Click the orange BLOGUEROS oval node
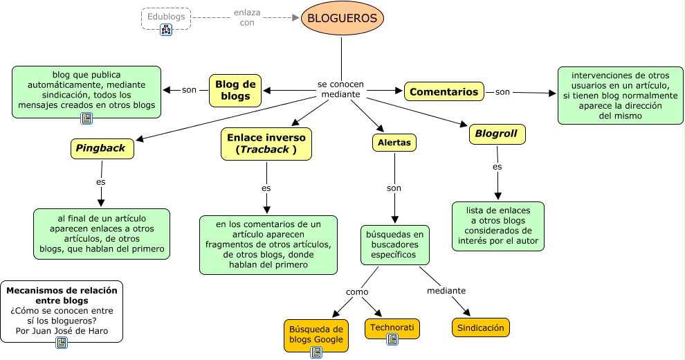(342, 19)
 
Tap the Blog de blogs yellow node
(235, 91)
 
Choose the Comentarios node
(444, 91)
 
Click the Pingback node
(102, 148)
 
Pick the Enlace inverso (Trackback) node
(266, 143)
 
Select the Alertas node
(394, 143)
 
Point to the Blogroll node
(497, 134)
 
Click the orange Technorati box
(392, 329)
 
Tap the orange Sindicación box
(480, 327)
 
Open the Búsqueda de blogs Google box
(316, 335)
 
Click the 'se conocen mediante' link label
(340, 89)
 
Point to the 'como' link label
(357, 292)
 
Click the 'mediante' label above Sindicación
(446, 290)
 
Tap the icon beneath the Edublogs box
(166, 30)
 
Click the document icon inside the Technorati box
(392, 339)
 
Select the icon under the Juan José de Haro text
(61, 342)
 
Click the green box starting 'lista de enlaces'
(497, 226)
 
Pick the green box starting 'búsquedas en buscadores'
(394, 244)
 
